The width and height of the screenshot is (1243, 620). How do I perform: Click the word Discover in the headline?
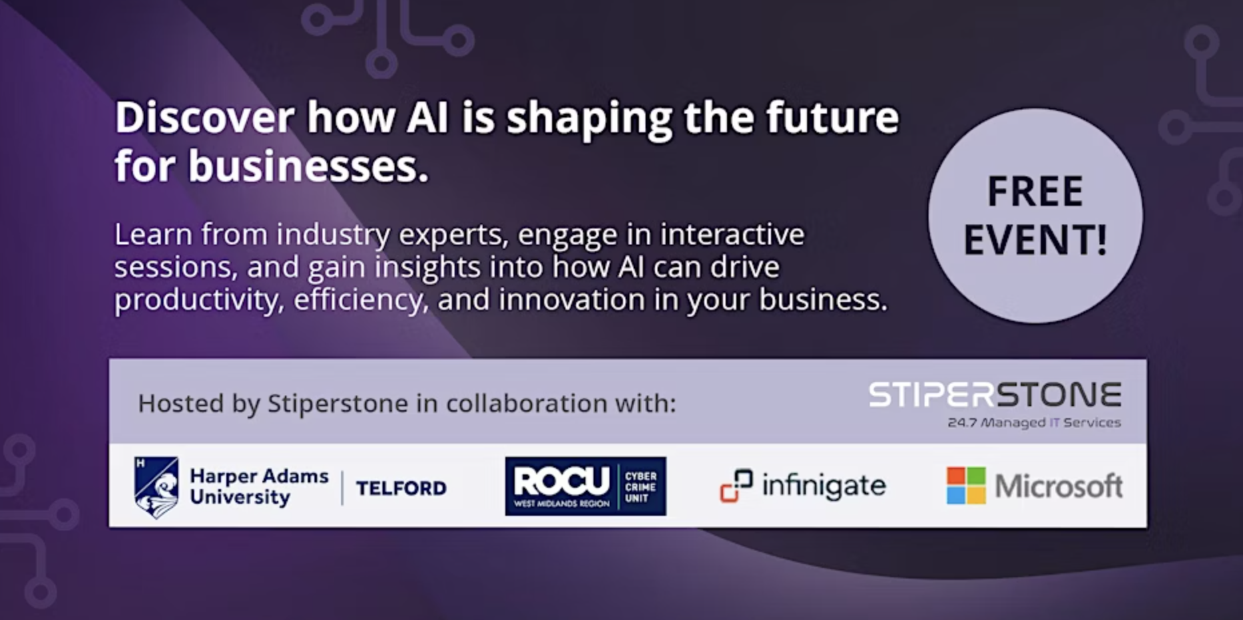pos(205,118)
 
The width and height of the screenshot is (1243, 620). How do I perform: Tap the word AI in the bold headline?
pos(427,118)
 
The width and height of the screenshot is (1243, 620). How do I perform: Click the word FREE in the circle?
pos(1035,192)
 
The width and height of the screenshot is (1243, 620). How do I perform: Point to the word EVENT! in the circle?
pos(1035,240)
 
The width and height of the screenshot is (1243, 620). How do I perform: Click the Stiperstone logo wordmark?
pos(995,395)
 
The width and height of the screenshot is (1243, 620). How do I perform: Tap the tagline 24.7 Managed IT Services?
pos(1034,423)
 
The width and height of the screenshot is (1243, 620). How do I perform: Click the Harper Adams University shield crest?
pos(156,487)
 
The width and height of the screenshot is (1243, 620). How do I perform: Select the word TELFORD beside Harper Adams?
pos(401,488)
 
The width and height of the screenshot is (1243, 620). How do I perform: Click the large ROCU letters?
pos(561,480)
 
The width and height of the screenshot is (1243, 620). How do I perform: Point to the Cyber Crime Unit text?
pos(640,487)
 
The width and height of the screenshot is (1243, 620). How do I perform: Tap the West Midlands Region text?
pos(561,504)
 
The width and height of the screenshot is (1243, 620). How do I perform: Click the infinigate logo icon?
pos(736,485)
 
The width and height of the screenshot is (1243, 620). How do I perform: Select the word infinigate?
pos(824,486)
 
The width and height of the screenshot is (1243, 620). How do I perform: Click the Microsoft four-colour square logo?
pos(966,486)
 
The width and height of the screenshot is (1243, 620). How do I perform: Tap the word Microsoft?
pos(1059,486)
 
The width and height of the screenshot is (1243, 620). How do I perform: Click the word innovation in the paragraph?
pos(572,299)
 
